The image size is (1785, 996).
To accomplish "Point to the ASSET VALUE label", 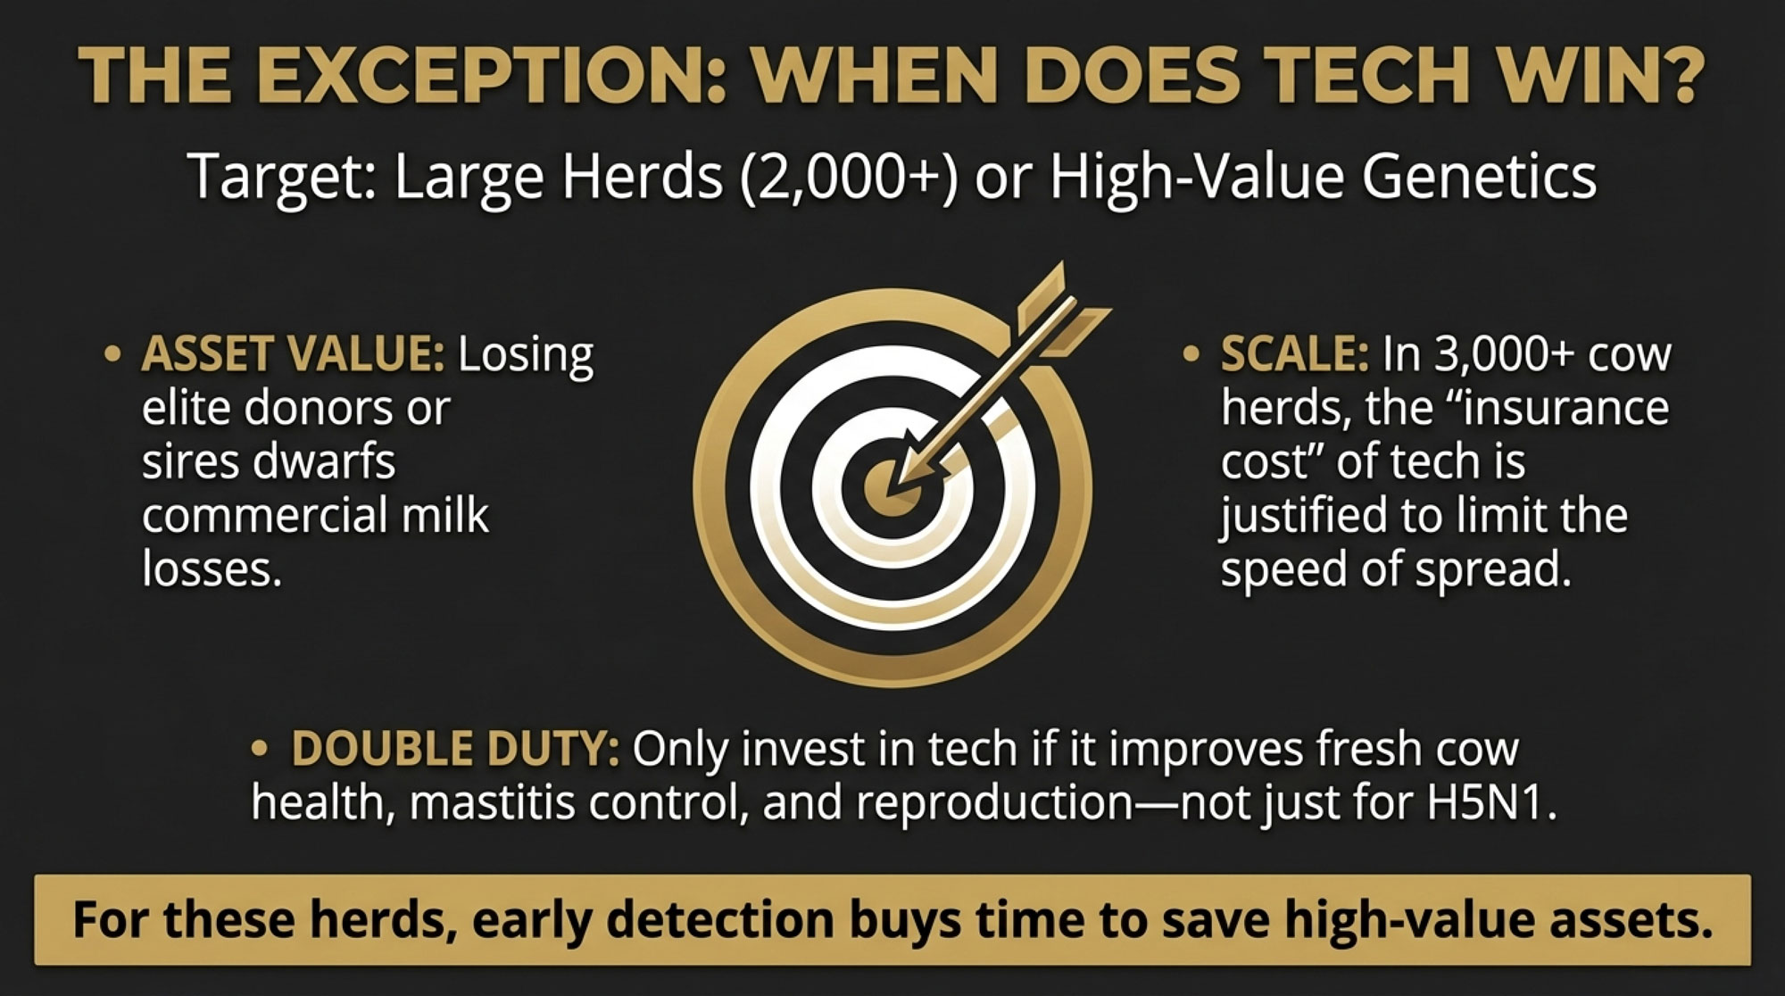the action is (x=293, y=354).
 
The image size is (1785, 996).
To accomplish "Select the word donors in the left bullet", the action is (x=346, y=408).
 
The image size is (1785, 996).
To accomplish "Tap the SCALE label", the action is (x=1294, y=354).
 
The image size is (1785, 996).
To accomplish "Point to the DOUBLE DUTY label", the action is (x=455, y=749).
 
